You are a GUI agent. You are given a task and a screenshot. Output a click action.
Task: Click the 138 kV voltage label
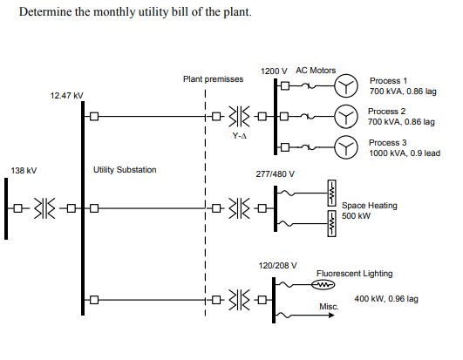coord(24,170)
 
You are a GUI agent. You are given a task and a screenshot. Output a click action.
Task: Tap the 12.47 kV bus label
coord(67,94)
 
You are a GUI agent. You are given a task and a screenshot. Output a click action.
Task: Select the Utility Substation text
coord(125,169)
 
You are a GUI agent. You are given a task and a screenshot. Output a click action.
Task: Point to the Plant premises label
coord(213,78)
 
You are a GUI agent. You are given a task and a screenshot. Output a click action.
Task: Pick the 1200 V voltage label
coord(274,71)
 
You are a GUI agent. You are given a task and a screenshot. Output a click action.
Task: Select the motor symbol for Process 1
coord(347,85)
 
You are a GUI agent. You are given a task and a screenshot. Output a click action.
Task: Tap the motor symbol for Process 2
coord(347,117)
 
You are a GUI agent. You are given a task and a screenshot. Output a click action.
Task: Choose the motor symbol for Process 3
coord(347,148)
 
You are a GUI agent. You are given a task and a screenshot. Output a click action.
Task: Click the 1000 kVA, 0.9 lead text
coord(404,153)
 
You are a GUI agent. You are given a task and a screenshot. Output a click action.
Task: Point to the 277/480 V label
coord(275,173)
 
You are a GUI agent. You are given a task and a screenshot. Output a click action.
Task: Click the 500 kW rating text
coord(357,215)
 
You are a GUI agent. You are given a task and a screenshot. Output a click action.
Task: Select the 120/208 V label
coord(278,264)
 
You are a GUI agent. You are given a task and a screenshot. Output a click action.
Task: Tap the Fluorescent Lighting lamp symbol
coord(323,284)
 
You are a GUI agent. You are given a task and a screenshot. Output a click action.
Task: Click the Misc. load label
coord(329,307)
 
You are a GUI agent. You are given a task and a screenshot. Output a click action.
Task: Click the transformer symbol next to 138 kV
coord(44,207)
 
